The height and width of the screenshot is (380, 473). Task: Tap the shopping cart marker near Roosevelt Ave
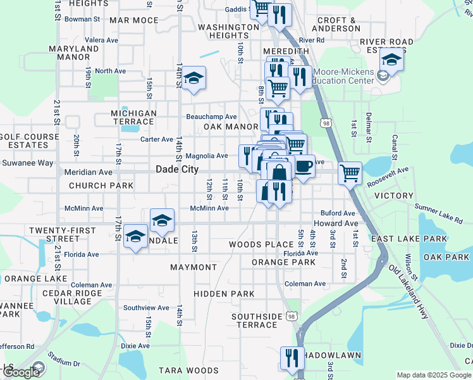(350, 172)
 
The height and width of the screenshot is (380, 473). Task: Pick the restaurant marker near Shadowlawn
(292, 357)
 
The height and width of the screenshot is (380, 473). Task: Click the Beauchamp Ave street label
(211, 117)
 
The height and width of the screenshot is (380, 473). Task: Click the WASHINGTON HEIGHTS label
(228, 32)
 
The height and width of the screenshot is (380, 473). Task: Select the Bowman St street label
(82, 20)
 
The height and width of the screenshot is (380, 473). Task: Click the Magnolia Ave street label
(207, 156)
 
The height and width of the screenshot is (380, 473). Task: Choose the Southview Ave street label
(146, 308)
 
